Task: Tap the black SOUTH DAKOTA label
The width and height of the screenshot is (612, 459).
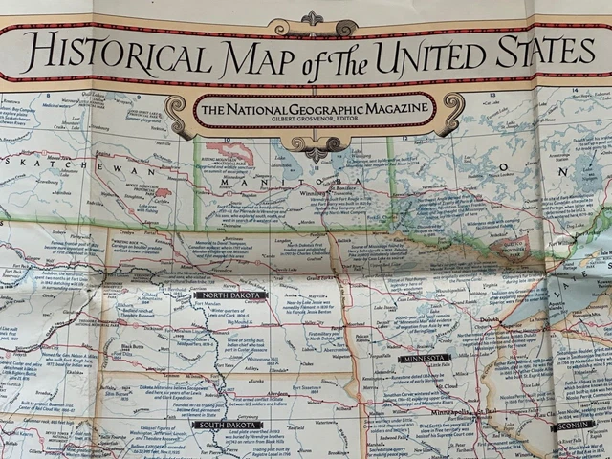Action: point(228,424)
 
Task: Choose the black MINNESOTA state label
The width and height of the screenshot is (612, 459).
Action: point(425,358)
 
